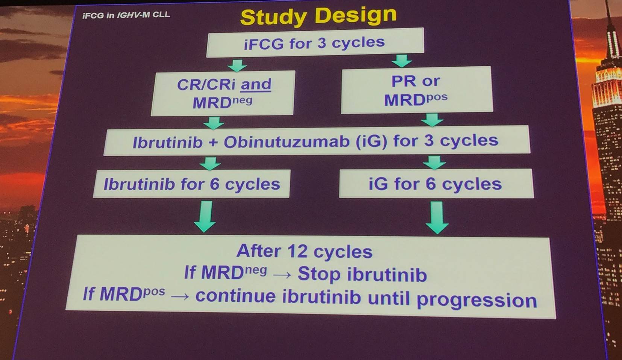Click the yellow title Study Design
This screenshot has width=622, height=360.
(319, 16)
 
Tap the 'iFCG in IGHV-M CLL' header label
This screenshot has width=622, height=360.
(126, 15)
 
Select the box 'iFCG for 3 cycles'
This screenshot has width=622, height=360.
(315, 42)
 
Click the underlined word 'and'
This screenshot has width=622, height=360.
(256, 84)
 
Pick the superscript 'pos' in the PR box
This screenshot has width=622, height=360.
(437, 97)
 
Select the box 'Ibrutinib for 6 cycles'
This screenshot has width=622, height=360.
(191, 184)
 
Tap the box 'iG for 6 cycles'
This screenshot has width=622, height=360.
(436, 183)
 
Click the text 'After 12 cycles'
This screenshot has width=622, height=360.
(304, 251)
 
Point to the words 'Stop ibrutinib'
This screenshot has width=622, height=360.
(362, 275)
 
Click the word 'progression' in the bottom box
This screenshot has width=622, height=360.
(477, 300)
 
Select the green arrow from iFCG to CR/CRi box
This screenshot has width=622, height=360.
(237, 65)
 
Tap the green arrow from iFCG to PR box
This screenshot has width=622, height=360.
(402, 61)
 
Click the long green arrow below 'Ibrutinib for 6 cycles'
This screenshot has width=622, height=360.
(205, 216)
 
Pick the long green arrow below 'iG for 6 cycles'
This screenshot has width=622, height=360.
(437, 217)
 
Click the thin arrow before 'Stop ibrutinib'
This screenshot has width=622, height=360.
(282, 275)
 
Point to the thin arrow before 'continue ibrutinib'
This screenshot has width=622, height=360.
(180, 296)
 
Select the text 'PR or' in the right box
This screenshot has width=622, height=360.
(416, 81)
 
